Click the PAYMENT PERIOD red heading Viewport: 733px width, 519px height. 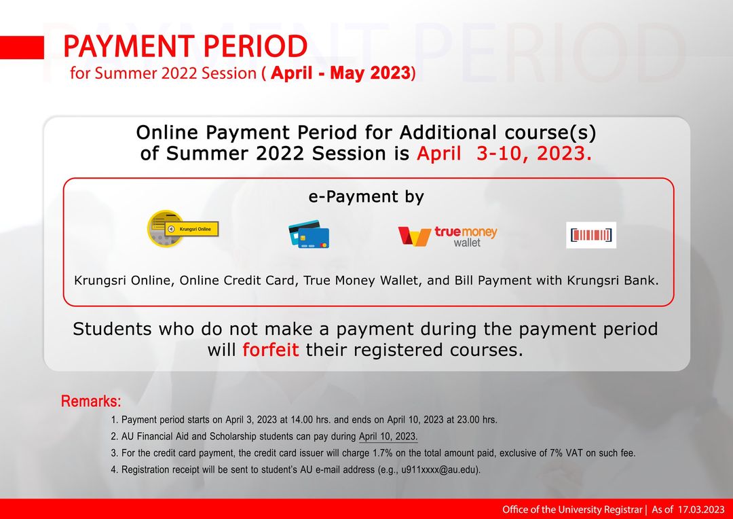pos(185,47)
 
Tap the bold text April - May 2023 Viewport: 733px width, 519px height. pos(341,73)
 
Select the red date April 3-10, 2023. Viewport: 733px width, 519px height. pos(504,154)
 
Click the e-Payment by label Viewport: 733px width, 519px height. pos(366,197)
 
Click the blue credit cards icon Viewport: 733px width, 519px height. pos(308,234)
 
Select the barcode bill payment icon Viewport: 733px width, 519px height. pos(591,235)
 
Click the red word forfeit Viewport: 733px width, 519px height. pos(271,351)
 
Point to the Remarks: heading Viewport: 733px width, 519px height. pos(91,401)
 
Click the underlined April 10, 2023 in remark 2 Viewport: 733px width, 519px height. pos(388,436)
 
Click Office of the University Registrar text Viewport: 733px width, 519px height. pos(571,509)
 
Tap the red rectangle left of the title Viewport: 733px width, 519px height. pos(22,47)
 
